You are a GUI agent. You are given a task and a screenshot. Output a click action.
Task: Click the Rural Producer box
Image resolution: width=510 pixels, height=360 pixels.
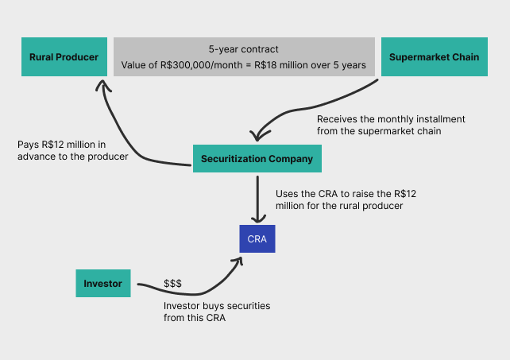pyautogui.click(x=64, y=57)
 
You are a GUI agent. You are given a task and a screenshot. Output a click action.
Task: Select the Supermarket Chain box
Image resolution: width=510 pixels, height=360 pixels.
pyautogui.click(x=434, y=57)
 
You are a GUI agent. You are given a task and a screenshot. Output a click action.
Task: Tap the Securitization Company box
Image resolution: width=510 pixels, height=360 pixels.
pyautogui.click(x=257, y=159)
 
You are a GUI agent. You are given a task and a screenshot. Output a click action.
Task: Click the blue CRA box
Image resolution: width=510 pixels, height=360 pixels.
pyautogui.click(x=257, y=239)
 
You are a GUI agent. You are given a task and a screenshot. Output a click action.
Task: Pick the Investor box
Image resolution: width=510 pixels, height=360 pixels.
pyautogui.click(x=103, y=284)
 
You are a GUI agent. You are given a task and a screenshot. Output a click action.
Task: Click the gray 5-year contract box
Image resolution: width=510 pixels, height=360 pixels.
pyautogui.click(x=244, y=56)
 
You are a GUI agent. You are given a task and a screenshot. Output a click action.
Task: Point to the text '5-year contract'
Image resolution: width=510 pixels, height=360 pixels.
pyautogui.click(x=244, y=48)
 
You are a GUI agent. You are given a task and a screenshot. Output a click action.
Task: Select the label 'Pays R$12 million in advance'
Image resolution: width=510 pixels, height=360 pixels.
pyautogui.click(x=72, y=150)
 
